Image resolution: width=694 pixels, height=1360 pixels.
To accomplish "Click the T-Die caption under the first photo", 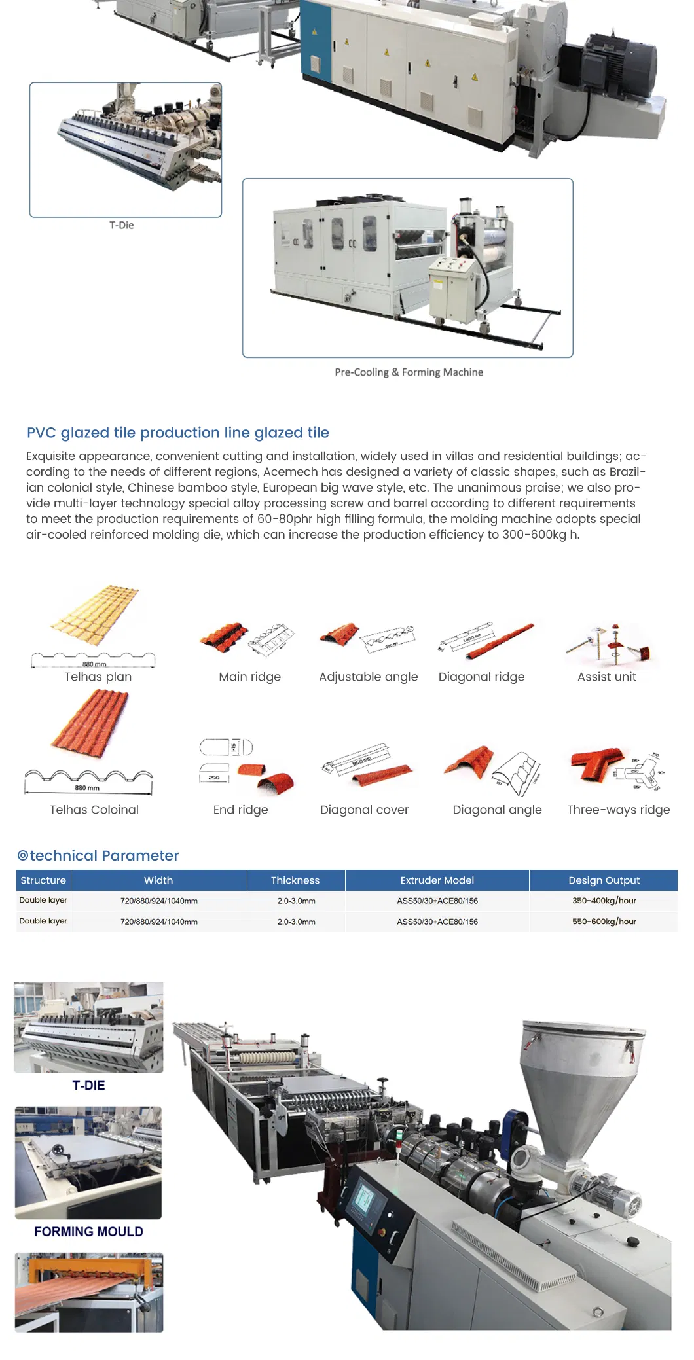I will (122, 225).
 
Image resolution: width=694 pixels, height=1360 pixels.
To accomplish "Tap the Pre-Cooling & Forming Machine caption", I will (409, 372).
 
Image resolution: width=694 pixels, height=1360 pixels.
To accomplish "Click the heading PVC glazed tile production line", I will (177, 433).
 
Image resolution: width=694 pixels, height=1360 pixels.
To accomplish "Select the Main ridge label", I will (249, 677).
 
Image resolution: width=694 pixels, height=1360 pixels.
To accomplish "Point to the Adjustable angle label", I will (368, 677).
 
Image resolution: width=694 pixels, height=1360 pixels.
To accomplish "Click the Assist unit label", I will (606, 677).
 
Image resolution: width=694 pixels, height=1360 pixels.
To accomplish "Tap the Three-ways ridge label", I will (618, 810).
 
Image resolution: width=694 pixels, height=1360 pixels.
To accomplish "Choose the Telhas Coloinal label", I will (94, 810).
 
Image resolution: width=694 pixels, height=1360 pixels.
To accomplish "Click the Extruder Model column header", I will (437, 880).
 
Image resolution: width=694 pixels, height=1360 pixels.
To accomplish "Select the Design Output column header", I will (604, 880).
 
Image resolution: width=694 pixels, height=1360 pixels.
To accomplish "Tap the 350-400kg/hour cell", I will (604, 901).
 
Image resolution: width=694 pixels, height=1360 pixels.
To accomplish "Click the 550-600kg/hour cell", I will (604, 922).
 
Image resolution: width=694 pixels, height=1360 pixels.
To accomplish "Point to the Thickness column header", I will (295, 880).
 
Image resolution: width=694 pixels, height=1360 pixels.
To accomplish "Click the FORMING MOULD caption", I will (88, 1232).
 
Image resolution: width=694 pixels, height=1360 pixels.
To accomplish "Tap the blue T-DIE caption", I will (88, 1085).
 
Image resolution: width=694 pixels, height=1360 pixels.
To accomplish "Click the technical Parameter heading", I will (98, 855).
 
